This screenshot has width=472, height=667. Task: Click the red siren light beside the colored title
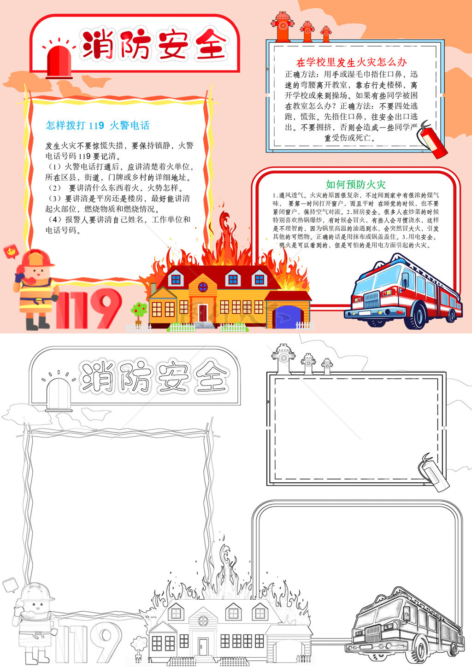point(59,62)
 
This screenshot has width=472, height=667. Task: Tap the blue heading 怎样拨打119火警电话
point(97,125)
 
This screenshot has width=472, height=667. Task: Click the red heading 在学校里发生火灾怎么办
point(352,62)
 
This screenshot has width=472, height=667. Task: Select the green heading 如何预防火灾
point(355,185)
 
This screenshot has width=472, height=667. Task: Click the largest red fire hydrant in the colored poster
point(283,27)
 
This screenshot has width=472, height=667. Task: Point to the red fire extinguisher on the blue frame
point(432,140)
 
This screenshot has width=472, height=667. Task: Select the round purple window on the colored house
point(203,287)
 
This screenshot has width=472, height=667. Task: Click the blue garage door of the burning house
point(287,317)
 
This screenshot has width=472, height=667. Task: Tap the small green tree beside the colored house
point(139,313)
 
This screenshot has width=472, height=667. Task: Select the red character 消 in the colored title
point(98,44)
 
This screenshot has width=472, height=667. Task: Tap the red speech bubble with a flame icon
point(11,252)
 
